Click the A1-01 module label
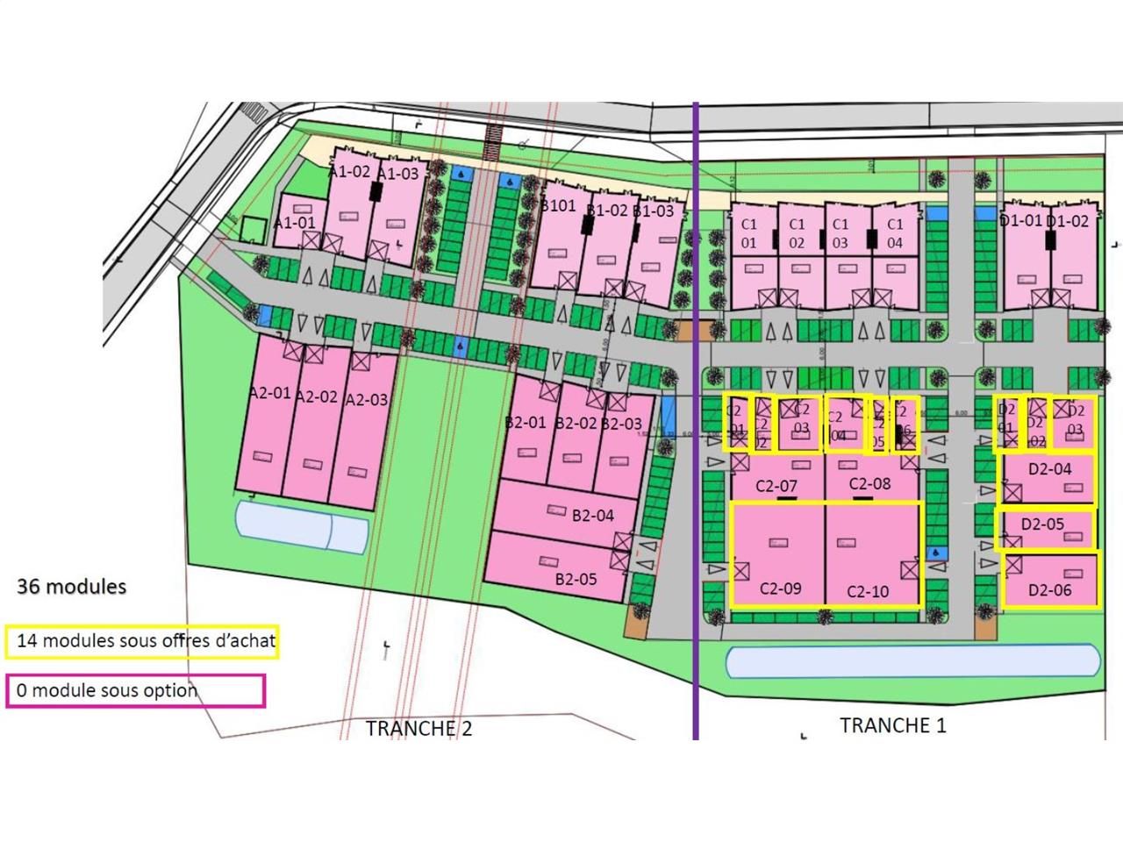(x=294, y=223)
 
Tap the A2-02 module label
(x=316, y=396)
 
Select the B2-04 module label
(x=593, y=516)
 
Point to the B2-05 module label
(x=576, y=579)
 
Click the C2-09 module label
(x=780, y=589)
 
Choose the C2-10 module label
(x=868, y=592)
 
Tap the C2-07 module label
(x=776, y=486)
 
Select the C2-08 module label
(x=869, y=483)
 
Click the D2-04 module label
(x=1049, y=469)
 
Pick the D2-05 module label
(x=1042, y=524)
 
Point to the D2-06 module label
(x=1049, y=590)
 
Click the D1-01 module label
(x=1020, y=221)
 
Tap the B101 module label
(x=558, y=206)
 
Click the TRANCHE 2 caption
(x=418, y=729)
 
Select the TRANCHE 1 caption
(x=893, y=725)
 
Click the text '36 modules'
(x=71, y=587)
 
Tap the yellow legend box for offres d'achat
(x=141, y=641)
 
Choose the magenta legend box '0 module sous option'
(x=134, y=691)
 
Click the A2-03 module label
(x=366, y=400)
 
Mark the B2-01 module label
(x=526, y=422)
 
